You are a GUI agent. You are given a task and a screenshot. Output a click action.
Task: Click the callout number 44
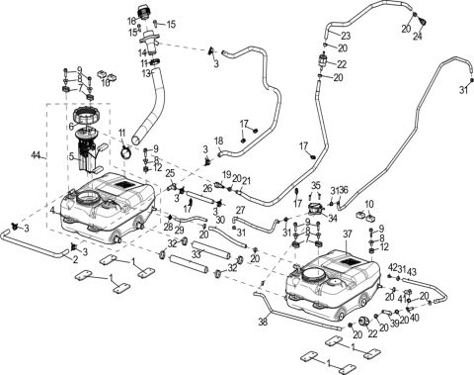37,156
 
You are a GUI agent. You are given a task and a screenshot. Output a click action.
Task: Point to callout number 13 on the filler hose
145,73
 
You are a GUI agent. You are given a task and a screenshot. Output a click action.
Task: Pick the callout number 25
170,173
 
